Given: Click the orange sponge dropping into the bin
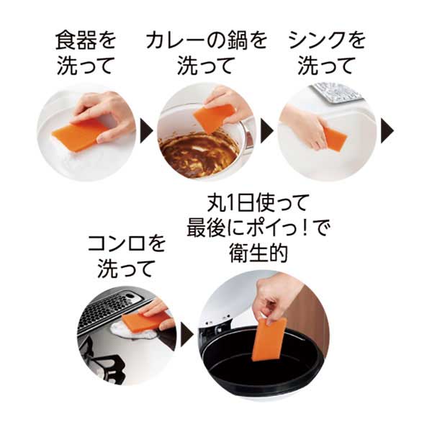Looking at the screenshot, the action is (x=269, y=339).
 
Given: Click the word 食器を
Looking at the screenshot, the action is (x=86, y=41).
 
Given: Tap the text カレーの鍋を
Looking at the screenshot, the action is (x=207, y=41).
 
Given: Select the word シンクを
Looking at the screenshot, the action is (x=327, y=41).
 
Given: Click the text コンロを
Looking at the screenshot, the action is (x=127, y=243).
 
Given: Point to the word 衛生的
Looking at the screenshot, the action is (x=258, y=253).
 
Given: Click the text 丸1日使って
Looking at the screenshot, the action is (x=257, y=203).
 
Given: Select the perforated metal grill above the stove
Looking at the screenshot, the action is (x=116, y=311).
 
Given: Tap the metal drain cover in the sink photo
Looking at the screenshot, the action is (x=337, y=93).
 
